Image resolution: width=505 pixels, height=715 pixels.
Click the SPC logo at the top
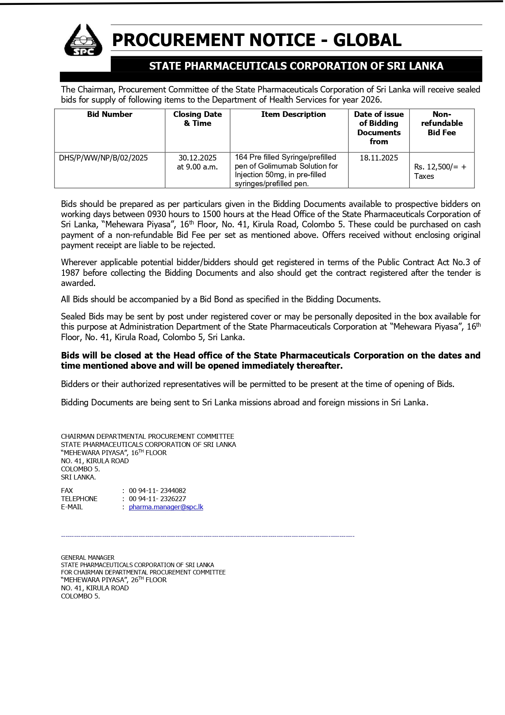[83, 40]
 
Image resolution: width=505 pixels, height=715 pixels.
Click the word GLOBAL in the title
[367, 40]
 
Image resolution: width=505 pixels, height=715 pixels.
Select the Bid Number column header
[109, 114]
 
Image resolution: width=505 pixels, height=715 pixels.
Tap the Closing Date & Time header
[197, 119]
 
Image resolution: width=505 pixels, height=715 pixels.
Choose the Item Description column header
[293, 114]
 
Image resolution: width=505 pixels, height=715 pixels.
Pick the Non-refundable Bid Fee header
[442, 123]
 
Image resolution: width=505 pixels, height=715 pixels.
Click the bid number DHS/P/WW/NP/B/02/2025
[103, 158]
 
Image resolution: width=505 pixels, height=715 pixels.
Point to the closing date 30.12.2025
[197, 158]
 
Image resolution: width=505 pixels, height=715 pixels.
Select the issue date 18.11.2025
[378, 158]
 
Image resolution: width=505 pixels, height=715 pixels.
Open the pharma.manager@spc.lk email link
[166, 507]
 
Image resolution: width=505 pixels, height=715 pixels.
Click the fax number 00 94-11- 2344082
[157, 491]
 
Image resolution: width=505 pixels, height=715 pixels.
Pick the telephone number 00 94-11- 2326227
[157, 499]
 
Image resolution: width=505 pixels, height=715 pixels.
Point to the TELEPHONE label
[79, 499]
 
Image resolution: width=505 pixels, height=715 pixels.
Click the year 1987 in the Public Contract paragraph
[70, 273]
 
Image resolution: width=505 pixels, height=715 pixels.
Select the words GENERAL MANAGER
[87, 558]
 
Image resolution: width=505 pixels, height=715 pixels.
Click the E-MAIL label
[72, 507]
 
